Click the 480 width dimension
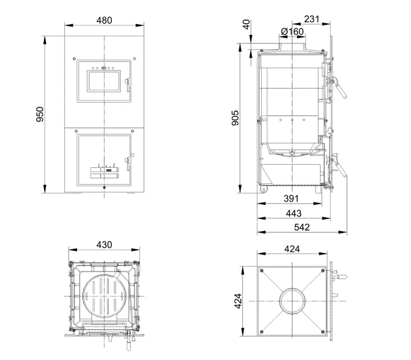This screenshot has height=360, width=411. [x=104, y=20]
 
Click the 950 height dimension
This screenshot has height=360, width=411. [x=40, y=115]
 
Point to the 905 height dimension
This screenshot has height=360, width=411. [x=235, y=118]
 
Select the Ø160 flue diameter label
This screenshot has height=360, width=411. [x=292, y=31]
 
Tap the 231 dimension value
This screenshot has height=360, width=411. [x=312, y=19]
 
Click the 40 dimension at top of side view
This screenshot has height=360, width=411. [x=246, y=24]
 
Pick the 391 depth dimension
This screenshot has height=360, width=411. [x=291, y=199]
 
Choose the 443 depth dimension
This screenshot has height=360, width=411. [x=294, y=213]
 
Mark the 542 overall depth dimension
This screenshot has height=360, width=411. [x=302, y=227]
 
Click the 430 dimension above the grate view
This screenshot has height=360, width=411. [x=104, y=245]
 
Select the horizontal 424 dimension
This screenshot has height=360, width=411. [x=292, y=249]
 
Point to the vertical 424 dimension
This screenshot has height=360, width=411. [x=237, y=301]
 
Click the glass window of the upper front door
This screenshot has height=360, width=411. [x=104, y=81]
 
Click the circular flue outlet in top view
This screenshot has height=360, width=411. [x=292, y=301]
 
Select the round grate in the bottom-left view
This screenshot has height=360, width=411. [x=105, y=296]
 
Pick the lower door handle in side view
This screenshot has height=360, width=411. [x=340, y=168]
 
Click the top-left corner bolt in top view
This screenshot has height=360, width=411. [x=261, y=270]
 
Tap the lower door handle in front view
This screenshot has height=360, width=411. [x=128, y=162]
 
